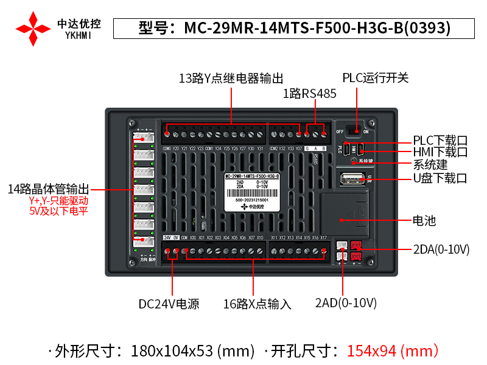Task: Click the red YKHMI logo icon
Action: [x=33, y=28]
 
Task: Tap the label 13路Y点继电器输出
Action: [x=231, y=78]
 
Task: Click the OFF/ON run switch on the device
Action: [x=352, y=130]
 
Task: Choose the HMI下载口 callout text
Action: [x=440, y=152]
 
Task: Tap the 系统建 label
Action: [x=430, y=165]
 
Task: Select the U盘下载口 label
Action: [x=440, y=178]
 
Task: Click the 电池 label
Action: [x=424, y=221]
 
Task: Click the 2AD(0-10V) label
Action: [x=346, y=303]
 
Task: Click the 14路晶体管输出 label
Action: [x=49, y=189]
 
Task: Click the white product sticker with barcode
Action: [x=252, y=193]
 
